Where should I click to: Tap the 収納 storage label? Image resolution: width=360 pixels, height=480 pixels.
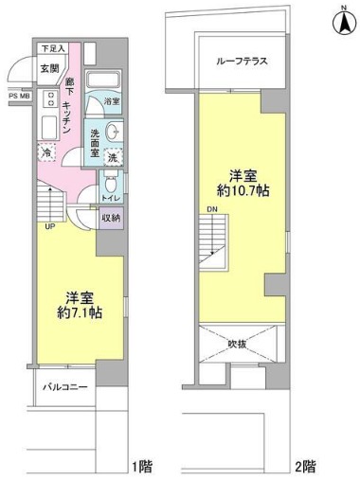[112, 219]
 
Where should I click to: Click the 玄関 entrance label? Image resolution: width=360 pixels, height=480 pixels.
[50, 67]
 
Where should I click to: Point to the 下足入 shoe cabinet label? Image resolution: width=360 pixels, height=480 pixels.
[51, 48]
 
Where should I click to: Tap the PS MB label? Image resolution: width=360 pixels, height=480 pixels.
[19, 96]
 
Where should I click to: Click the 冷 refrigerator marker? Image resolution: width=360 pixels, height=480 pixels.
[46, 151]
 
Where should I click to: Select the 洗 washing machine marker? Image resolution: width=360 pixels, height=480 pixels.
[112, 157]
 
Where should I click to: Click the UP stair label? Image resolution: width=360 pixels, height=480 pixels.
[46, 225]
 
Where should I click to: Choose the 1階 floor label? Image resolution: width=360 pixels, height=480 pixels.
[141, 466]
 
